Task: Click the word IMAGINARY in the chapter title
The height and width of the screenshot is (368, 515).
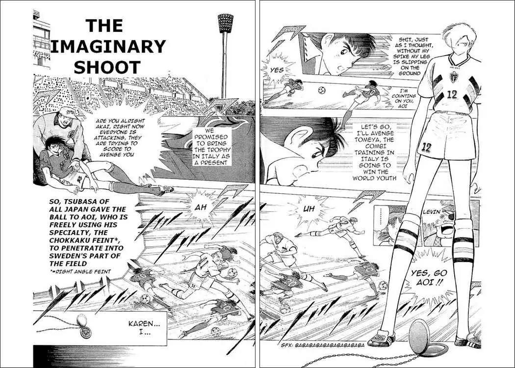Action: (x=108, y=46)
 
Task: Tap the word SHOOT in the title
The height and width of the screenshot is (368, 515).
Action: (x=107, y=67)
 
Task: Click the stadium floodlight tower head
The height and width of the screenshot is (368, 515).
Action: (x=225, y=23)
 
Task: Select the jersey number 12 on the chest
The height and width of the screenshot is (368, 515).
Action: (x=452, y=95)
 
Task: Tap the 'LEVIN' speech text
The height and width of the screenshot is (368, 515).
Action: (x=431, y=212)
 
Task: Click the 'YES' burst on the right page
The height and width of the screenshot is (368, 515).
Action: (x=276, y=70)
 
